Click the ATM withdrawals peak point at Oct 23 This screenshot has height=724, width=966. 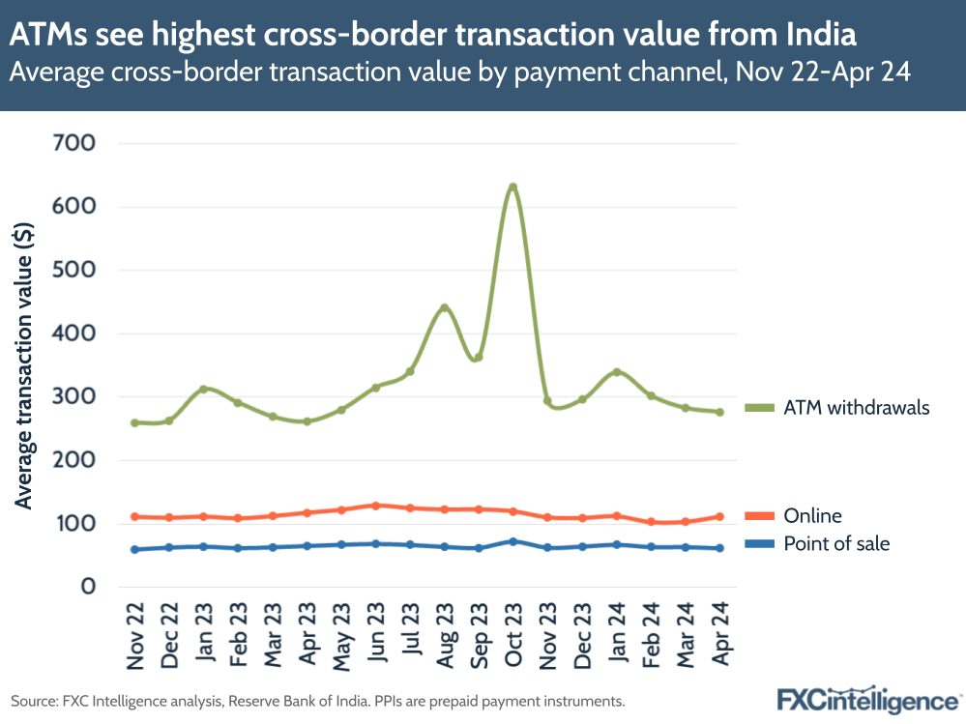pyautogui.click(x=512, y=187)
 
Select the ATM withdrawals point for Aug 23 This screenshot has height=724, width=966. pyautogui.click(x=444, y=308)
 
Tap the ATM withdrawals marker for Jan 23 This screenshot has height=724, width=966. pyautogui.click(x=203, y=389)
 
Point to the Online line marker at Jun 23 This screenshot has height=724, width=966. pyautogui.click(x=375, y=506)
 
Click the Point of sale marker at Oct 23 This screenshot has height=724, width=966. pyautogui.click(x=512, y=541)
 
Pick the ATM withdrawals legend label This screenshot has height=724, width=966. pyautogui.click(x=857, y=408)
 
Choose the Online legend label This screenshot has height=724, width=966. pyautogui.click(x=812, y=516)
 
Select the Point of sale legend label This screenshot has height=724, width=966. pyautogui.click(x=836, y=544)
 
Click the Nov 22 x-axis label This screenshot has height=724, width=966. pyautogui.click(x=135, y=635)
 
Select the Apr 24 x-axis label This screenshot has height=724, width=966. pyautogui.click(x=719, y=635)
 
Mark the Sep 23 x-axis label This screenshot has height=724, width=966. pyautogui.click(x=479, y=635)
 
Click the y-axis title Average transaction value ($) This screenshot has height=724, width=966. pyautogui.click(x=25, y=364)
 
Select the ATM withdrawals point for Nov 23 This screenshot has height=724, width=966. pyautogui.click(x=547, y=401)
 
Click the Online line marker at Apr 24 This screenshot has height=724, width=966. pyautogui.click(x=719, y=516)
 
